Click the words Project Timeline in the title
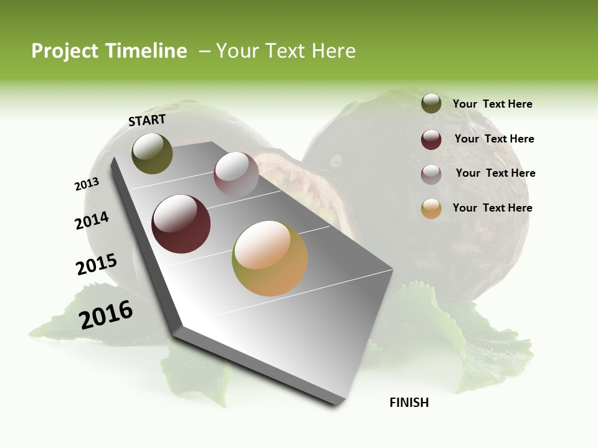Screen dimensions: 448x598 click(x=109, y=51)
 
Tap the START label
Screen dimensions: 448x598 click(x=147, y=120)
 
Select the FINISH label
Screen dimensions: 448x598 click(x=409, y=403)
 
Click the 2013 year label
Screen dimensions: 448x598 click(x=87, y=184)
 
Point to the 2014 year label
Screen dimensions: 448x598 click(x=92, y=220)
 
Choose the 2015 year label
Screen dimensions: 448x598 click(x=97, y=264)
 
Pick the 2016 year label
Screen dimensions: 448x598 click(x=106, y=315)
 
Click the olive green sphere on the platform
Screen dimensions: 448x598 click(x=152, y=153)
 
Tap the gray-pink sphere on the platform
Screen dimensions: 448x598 click(x=236, y=174)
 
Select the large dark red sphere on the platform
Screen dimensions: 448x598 click(x=181, y=224)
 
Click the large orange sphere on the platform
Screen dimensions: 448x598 click(x=270, y=258)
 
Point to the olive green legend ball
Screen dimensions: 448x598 click(x=431, y=103)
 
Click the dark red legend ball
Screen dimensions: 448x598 click(x=431, y=139)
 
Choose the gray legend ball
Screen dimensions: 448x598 click(x=431, y=174)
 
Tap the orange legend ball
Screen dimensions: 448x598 click(x=431, y=208)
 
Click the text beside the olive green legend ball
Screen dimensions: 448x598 click(x=492, y=104)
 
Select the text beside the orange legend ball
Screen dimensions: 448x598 click(x=492, y=208)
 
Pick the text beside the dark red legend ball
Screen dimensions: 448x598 click(x=494, y=139)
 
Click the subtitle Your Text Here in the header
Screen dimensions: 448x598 click(x=286, y=51)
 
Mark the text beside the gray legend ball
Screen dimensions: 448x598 click(x=495, y=173)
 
